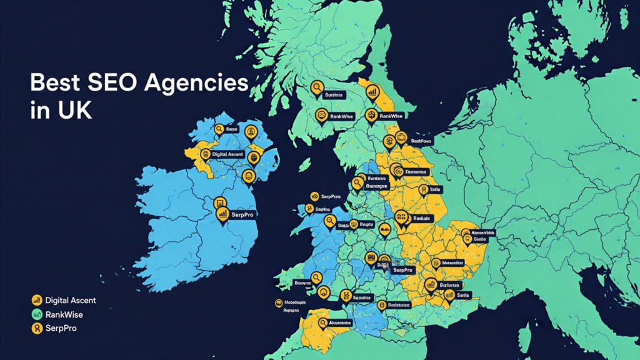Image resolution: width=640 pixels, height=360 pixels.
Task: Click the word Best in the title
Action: click(x=52, y=83)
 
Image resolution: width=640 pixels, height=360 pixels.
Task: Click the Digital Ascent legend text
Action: click(x=69, y=301)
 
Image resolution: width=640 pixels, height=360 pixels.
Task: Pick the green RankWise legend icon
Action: click(x=36, y=314)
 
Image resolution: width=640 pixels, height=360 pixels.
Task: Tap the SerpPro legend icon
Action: click(x=36, y=328)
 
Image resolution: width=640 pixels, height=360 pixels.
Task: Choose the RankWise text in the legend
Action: click(x=64, y=314)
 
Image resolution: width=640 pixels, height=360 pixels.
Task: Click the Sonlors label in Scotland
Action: click(x=335, y=95)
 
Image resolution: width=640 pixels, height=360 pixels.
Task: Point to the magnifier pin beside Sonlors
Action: click(x=317, y=87)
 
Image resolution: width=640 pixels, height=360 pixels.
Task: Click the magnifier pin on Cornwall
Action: click(x=322, y=323)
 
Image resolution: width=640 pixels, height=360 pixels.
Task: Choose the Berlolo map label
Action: click(x=423, y=218)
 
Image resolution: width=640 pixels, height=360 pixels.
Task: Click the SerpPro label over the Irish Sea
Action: click(x=329, y=197)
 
